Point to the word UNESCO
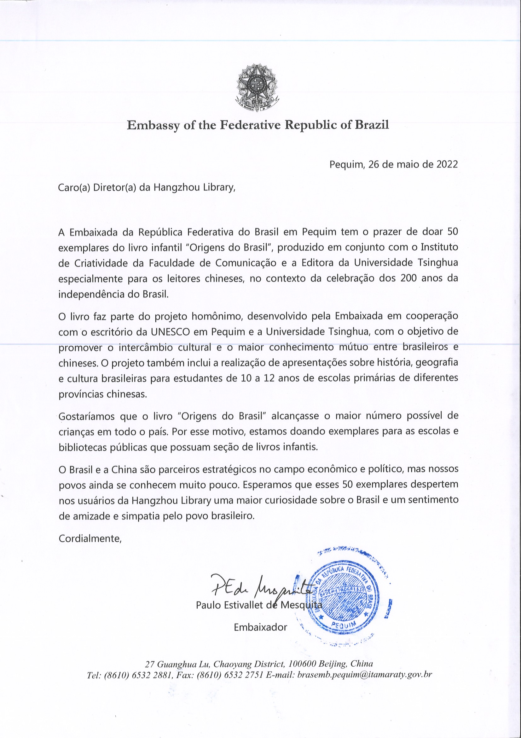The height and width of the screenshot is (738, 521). tap(170, 332)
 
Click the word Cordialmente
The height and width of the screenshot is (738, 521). tap(90, 539)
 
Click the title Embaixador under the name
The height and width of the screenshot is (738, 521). tap(260, 627)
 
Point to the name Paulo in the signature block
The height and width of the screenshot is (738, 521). tap(208, 605)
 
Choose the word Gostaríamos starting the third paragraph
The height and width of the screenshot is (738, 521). tap(87, 417)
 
